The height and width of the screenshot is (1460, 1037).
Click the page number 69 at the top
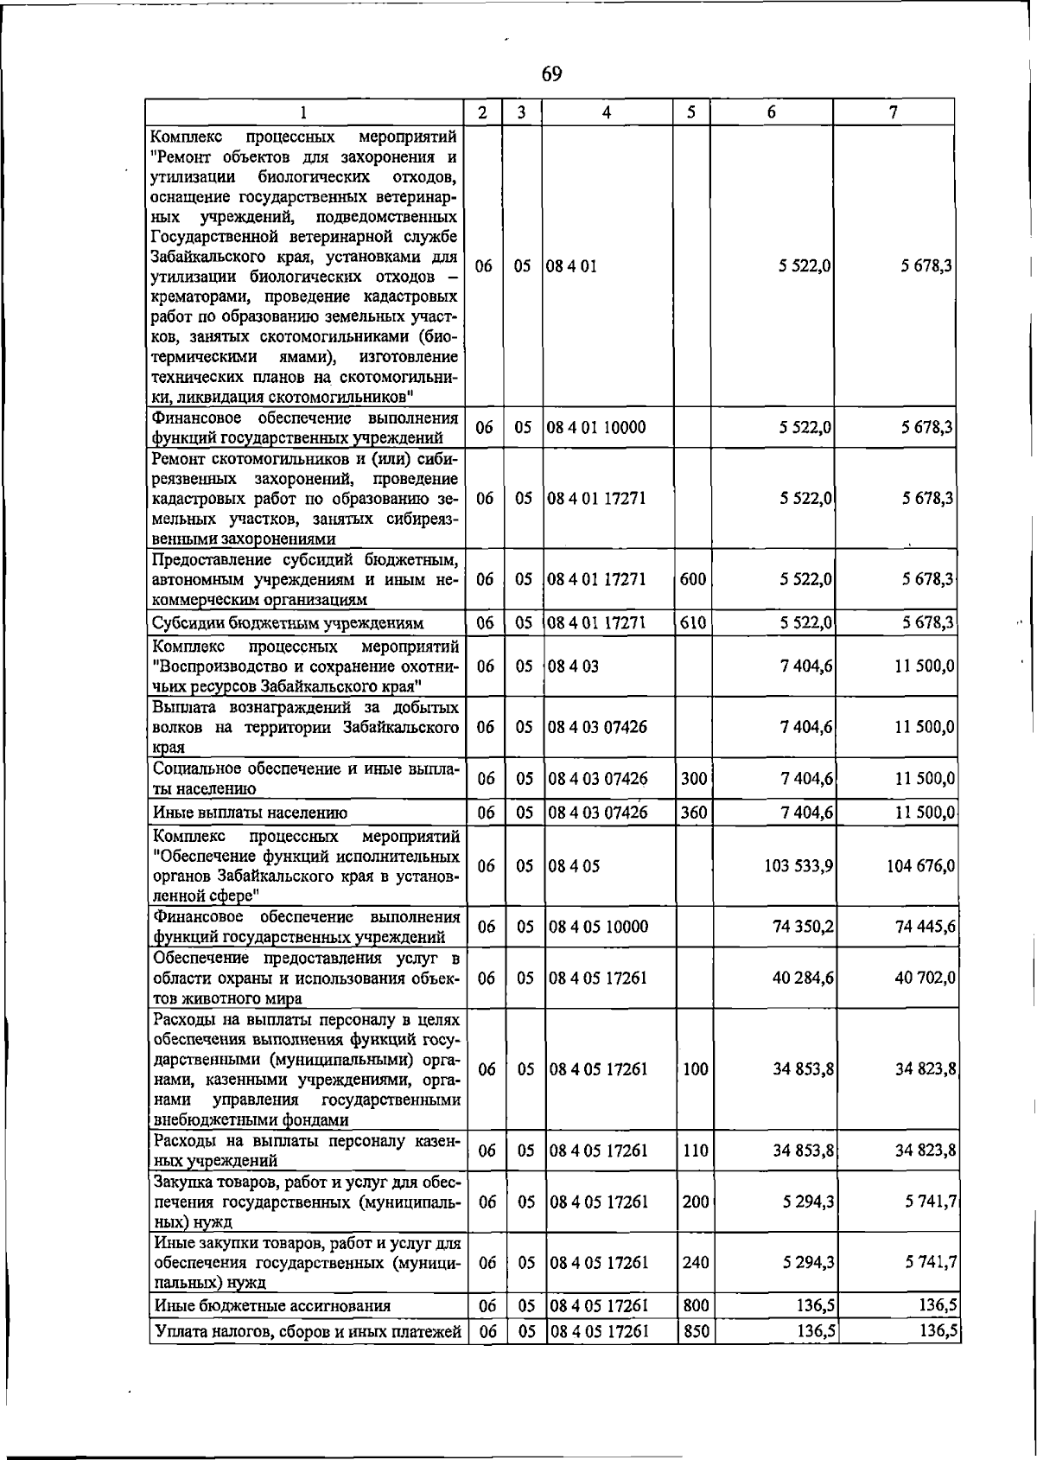point(552,74)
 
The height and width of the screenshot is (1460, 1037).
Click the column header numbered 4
point(608,112)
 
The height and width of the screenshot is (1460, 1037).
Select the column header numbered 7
point(893,112)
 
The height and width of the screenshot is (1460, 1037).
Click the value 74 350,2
point(803,928)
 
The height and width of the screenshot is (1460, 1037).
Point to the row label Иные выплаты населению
point(251,813)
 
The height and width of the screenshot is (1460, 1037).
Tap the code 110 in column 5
point(696,1151)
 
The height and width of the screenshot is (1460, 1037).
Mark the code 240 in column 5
point(696,1263)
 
